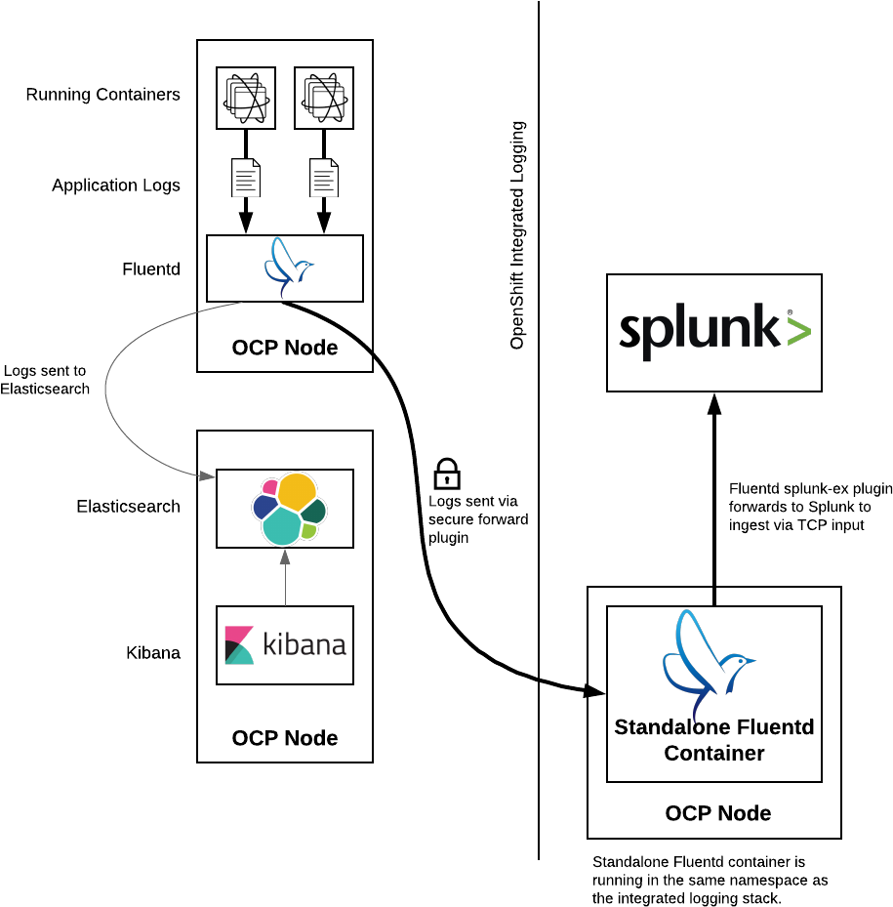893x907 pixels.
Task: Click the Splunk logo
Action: (714, 332)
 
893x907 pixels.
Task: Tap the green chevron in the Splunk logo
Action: (798, 332)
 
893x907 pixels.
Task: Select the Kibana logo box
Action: (285, 645)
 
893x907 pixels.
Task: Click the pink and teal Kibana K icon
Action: (238, 645)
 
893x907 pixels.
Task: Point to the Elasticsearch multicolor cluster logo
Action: (289, 509)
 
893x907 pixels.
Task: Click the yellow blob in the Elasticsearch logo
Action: (297, 491)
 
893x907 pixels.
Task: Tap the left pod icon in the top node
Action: (246, 98)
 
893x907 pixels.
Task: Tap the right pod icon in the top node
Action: (324, 98)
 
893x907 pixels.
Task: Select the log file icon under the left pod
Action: (246, 178)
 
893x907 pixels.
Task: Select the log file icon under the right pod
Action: (324, 178)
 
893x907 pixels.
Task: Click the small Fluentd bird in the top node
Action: (287, 266)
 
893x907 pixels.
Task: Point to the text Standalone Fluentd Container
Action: (714, 740)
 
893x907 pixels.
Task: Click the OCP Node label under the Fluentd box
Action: (285, 348)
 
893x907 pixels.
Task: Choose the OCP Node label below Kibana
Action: (285, 738)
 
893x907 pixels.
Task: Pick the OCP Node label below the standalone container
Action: (718, 813)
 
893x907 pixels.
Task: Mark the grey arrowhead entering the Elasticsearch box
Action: (207, 475)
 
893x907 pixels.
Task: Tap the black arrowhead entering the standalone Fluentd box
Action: (596, 691)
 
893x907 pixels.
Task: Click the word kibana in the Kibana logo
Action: (304, 645)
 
